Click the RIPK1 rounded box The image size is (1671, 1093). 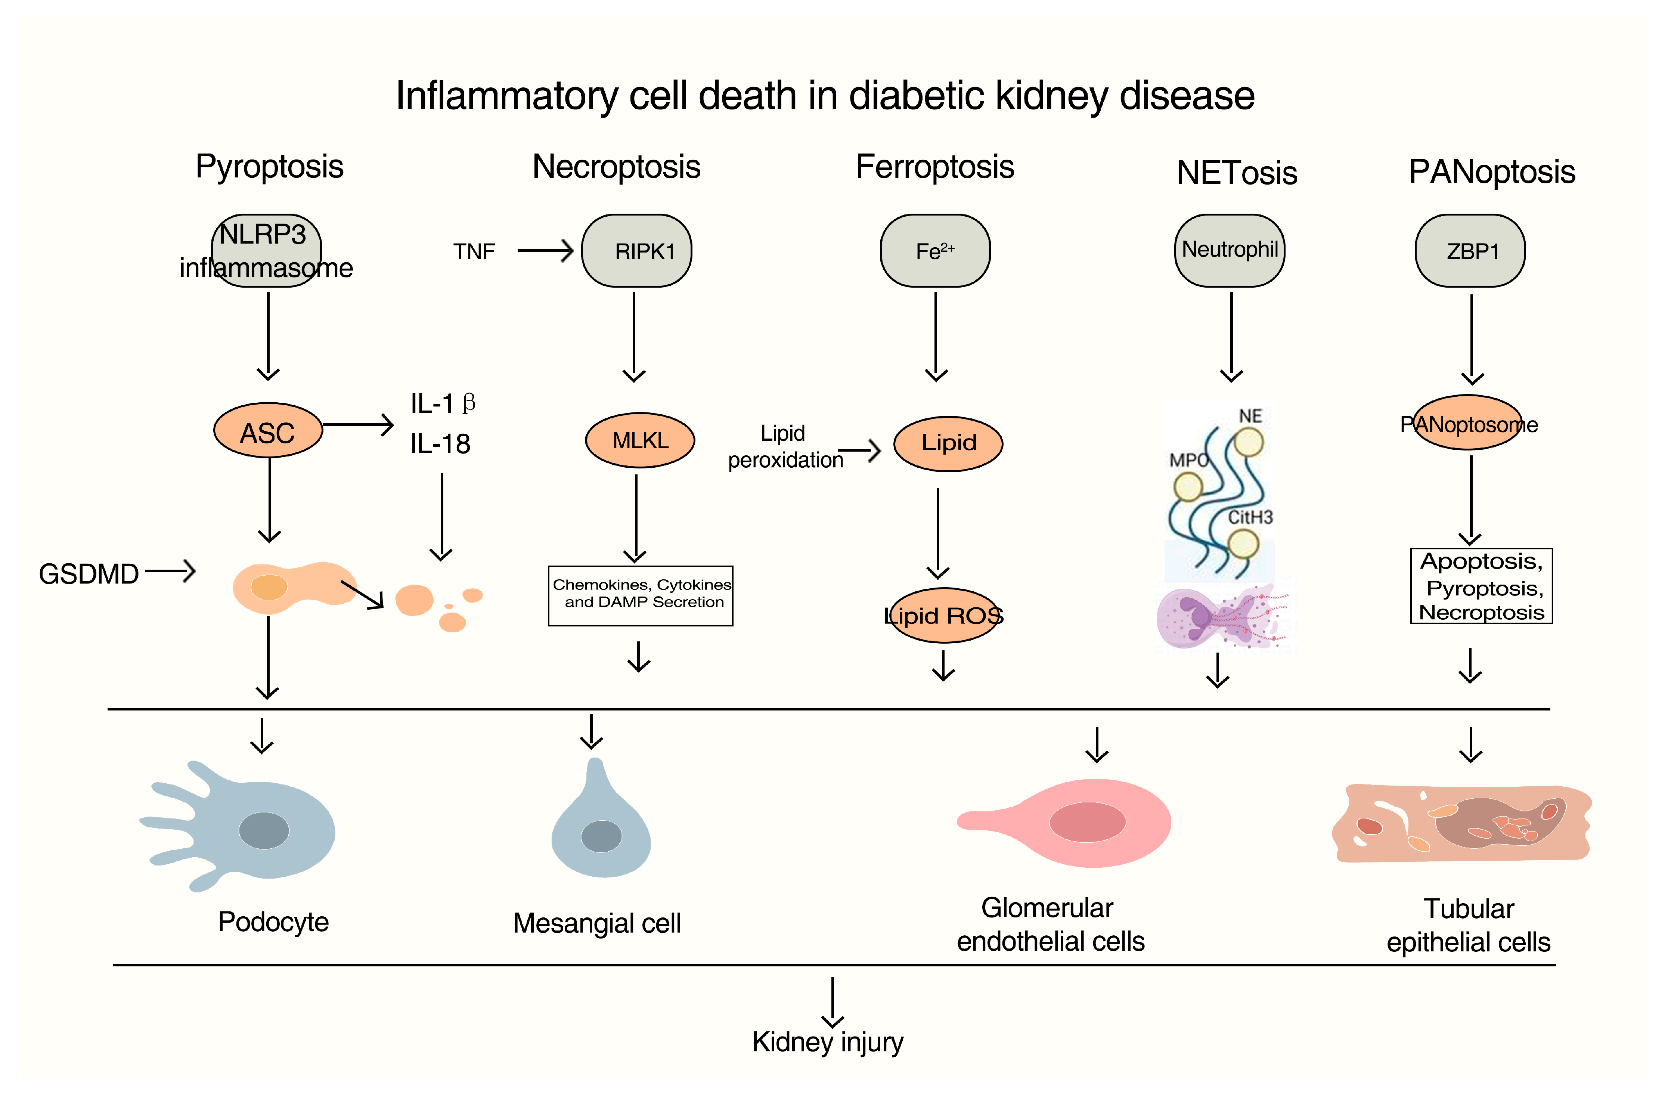point(636,251)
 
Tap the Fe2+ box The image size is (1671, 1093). point(935,251)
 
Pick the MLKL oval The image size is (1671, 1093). point(640,440)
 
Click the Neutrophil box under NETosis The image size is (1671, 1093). point(1230,251)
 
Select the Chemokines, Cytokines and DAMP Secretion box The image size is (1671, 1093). point(640,595)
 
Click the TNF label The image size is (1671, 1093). point(474,251)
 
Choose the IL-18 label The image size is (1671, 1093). point(440,444)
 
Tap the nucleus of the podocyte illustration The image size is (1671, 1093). point(264,830)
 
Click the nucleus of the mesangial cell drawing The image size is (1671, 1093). point(602,836)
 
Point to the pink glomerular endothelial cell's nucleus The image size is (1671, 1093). point(1088,822)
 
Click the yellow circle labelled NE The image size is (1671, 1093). point(1249,442)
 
